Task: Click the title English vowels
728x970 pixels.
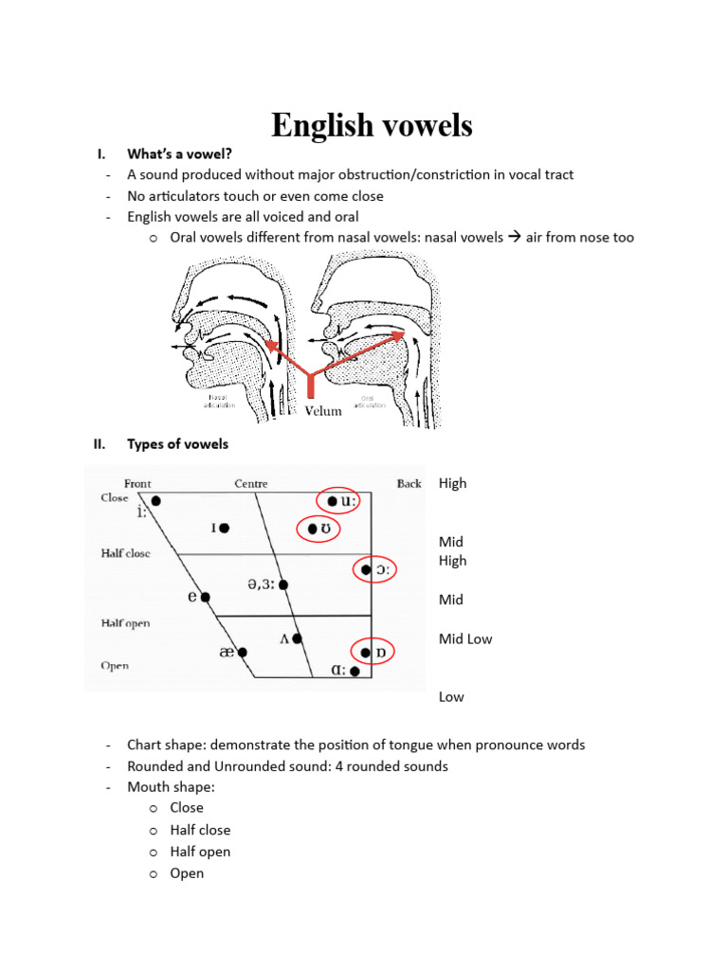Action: point(372,125)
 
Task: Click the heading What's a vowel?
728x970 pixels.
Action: point(179,153)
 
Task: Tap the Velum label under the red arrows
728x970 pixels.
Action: point(323,411)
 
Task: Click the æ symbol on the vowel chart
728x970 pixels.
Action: point(227,653)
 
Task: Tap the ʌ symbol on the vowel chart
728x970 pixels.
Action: point(284,639)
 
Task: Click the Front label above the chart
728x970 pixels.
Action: point(137,484)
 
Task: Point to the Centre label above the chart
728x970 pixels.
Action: point(251,484)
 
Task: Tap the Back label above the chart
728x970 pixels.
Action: point(409,484)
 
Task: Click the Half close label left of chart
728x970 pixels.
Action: point(125,553)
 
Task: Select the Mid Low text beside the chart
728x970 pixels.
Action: point(465,639)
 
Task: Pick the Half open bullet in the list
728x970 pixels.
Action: point(200,852)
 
